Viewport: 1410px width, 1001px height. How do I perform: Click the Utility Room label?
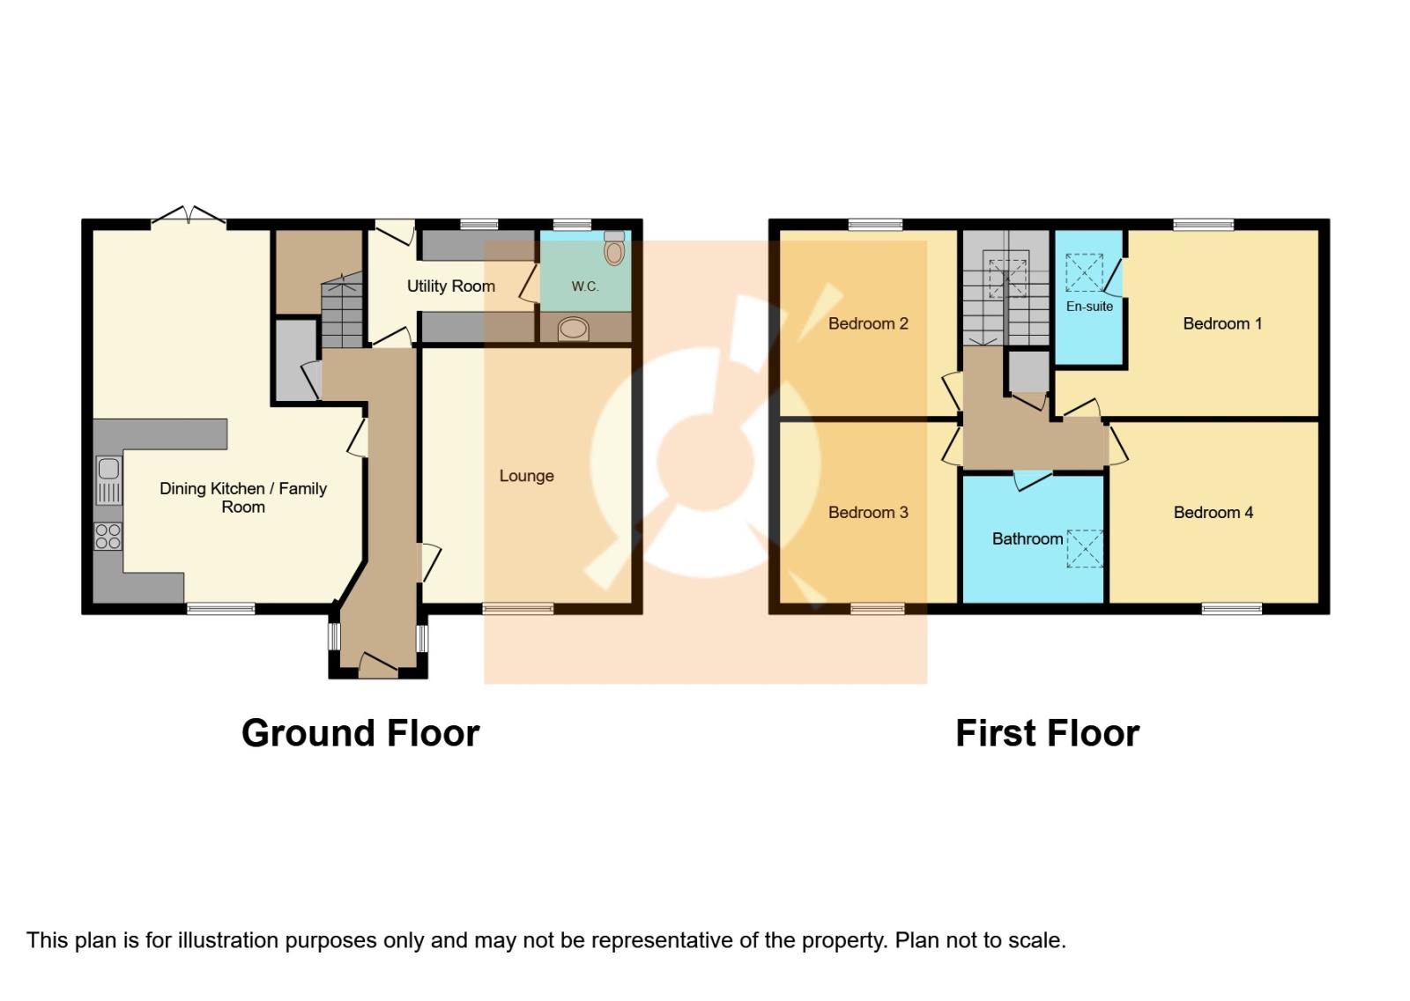[x=450, y=285]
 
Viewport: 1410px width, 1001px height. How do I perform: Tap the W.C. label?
[x=584, y=286]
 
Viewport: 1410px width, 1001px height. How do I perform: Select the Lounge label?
[x=526, y=476]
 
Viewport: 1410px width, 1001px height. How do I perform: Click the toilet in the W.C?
[x=614, y=250]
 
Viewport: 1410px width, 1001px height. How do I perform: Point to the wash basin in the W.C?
[x=573, y=329]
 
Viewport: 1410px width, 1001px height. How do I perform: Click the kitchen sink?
[x=108, y=479]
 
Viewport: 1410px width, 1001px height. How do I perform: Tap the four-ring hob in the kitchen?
[x=108, y=536]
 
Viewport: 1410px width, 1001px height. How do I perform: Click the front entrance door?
[x=378, y=665]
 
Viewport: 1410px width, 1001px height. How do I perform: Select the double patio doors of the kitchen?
[x=188, y=216]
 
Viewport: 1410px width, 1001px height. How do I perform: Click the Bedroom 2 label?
[x=868, y=323]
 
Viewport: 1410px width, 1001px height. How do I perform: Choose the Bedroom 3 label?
[x=868, y=512]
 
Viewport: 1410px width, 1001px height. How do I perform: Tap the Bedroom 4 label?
[x=1213, y=512]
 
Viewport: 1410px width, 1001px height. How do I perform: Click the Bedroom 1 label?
[x=1221, y=323]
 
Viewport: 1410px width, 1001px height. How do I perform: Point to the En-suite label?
[x=1089, y=307]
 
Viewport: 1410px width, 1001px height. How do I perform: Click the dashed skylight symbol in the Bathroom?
[x=1085, y=548]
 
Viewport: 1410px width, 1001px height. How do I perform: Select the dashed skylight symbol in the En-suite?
[x=1084, y=272]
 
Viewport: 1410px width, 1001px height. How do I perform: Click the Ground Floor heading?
[x=360, y=733]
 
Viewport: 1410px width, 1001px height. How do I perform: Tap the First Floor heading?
[x=1047, y=733]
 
